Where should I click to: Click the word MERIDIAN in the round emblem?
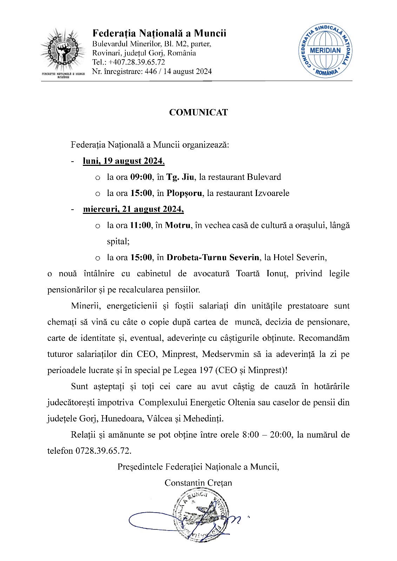click(x=325, y=50)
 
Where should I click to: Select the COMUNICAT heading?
click(x=198, y=112)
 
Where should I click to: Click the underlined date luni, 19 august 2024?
click(x=124, y=161)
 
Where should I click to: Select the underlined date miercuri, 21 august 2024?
click(x=133, y=209)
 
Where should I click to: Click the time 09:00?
click(x=141, y=177)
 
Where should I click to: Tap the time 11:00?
click(x=140, y=225)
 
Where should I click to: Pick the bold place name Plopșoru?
click(x=184, y=193)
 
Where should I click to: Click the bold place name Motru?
click(x=178, y=225)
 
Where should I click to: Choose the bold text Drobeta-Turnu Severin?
click(x=213, y=258)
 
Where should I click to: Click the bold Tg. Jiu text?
click(x=180, y=177)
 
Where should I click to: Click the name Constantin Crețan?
click(x=198, y=483)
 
